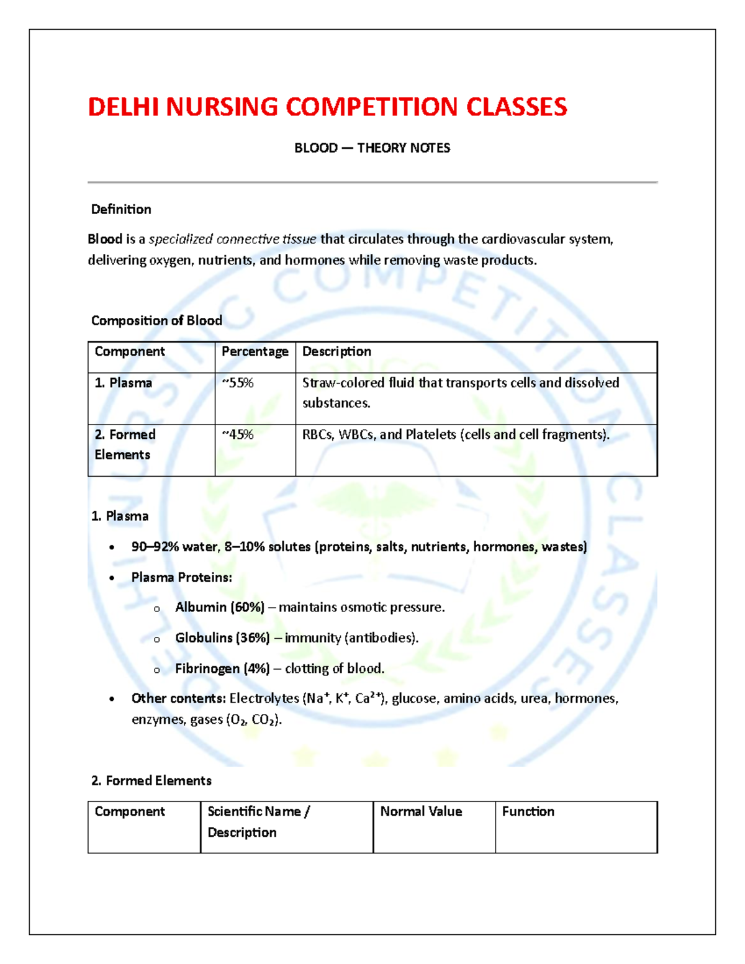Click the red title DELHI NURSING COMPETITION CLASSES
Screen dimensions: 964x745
point(327,107)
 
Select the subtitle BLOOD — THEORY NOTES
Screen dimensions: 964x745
point(372,148)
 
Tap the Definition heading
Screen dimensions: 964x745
point(121,209)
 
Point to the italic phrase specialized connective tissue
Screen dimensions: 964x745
point(232,239)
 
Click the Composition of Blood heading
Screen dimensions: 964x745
point(156,320)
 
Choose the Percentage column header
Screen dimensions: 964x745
point(255,351)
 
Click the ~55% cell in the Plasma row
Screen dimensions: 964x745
point(238,383)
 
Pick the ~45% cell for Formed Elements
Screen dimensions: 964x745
point(238,435)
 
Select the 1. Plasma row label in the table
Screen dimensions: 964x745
point(123,383)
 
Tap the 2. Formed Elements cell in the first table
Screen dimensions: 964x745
point(125,444)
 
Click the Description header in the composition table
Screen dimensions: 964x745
point(336,351)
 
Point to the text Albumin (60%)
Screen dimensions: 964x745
point(220,607)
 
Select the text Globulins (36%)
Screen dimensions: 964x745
point(222,637)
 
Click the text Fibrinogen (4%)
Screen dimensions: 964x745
point(222,669)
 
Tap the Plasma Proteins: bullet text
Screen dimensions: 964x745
point(181,577)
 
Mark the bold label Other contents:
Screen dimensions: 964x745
point(178,698)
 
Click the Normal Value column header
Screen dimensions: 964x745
point(421,811)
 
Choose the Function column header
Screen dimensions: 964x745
point(528,811)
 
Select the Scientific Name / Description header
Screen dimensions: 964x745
point(258,821)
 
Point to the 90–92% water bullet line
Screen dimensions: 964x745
point(359,547)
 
